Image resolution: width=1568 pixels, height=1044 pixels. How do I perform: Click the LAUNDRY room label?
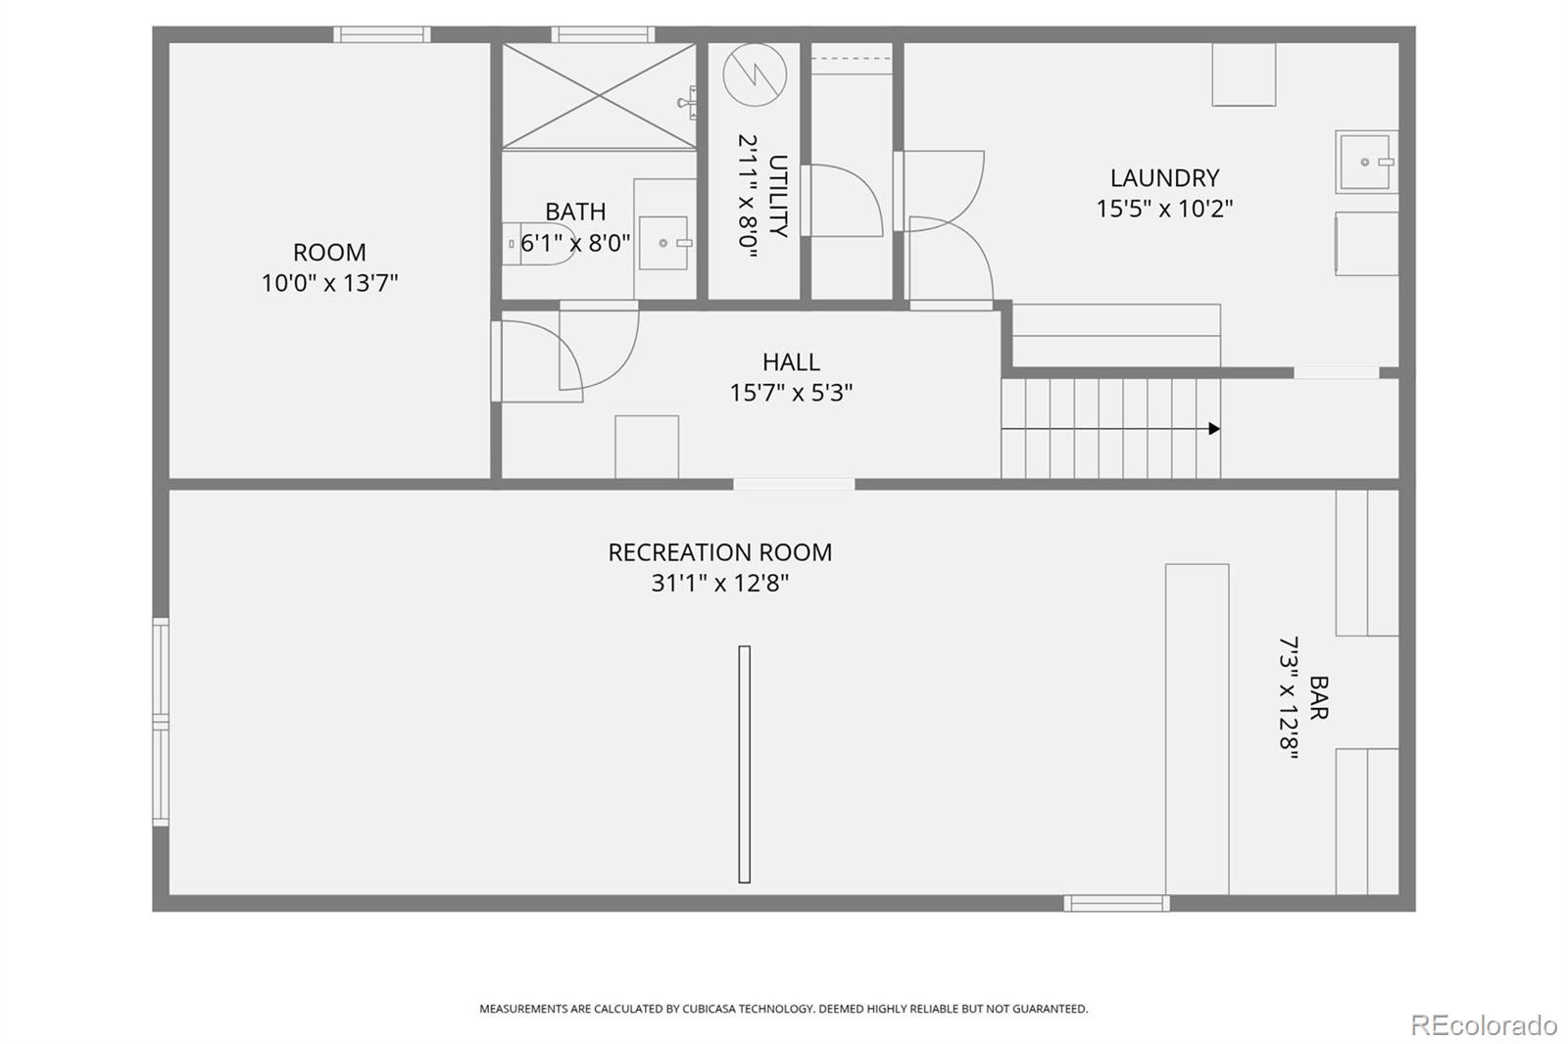point(1164,178)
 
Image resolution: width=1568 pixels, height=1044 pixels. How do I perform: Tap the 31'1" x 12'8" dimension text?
point(720,584)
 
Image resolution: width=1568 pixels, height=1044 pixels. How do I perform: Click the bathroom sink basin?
point(663,243)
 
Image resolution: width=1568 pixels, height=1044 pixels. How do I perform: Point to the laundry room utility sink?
point(1365,163)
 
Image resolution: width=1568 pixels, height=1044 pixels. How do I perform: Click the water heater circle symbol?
point(755,75)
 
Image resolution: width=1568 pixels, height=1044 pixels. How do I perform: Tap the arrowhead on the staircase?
point(1214,429)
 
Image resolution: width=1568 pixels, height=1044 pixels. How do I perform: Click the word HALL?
point(791,362)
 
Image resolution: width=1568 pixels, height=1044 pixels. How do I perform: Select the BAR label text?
point(1318,697)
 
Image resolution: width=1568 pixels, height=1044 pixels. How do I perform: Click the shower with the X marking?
point(599,96)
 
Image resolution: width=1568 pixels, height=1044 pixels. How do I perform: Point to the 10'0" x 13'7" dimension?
point(329,283)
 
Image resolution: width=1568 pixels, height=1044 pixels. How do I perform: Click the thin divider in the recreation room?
point(744,764)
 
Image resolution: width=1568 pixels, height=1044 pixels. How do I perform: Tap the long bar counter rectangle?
point(1197,729)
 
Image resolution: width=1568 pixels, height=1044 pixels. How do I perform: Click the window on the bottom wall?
point(1116,903)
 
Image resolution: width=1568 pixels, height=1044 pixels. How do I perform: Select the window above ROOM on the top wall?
point(381,34)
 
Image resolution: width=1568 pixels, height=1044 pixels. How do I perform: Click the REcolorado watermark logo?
point(1483,1024)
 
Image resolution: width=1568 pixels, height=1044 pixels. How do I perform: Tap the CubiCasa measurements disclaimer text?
point(783,1009)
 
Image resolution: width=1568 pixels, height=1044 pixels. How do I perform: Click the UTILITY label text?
point(778,196)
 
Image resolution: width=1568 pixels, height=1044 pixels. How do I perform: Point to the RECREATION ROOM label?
point(720,552)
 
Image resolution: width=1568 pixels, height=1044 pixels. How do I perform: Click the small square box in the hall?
point(647,447)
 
